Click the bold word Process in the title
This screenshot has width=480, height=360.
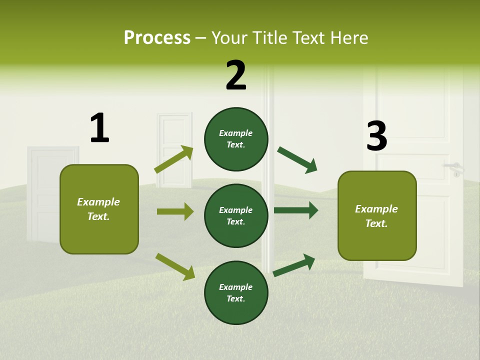(x=157, y=38)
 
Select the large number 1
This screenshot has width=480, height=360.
(x=99, y=128)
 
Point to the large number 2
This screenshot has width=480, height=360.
(x=236, y=75)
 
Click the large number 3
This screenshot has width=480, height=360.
(x=376, y=136)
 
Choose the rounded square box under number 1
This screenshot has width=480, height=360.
(x=99, y=209)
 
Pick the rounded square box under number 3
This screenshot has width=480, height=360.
(x=377, y=215)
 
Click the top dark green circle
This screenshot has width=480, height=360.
(x=236, y=139)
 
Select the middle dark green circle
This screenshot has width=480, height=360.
(x=236, y=215)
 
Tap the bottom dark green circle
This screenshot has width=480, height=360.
(x=236, y=292)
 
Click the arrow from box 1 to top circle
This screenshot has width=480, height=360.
(x=173, y=159)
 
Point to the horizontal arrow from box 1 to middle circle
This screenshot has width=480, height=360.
(x=175, y=211)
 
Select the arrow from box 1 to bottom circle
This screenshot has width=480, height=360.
(x=175, y=266)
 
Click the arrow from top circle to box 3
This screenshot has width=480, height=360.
(x=297, y=160)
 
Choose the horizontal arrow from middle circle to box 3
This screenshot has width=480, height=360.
(x=296, y=210)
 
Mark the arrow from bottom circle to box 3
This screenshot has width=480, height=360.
(x=294, y=265)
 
